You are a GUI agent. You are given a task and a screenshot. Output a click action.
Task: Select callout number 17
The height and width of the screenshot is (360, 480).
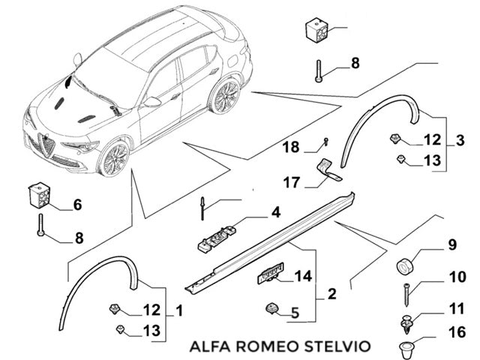(x=292, y=181)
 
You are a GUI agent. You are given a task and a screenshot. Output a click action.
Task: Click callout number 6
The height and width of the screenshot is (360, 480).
(x=76, y=204)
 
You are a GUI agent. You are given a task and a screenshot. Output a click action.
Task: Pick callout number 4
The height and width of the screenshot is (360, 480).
(x=275, y=213)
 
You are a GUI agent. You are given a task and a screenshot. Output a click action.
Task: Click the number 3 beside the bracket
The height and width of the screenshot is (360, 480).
(x=460, y=139)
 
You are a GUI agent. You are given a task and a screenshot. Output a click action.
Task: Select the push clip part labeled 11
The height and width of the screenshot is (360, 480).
(x=406, y=323)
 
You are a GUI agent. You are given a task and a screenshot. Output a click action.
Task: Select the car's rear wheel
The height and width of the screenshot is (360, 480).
(x=223, y=95)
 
